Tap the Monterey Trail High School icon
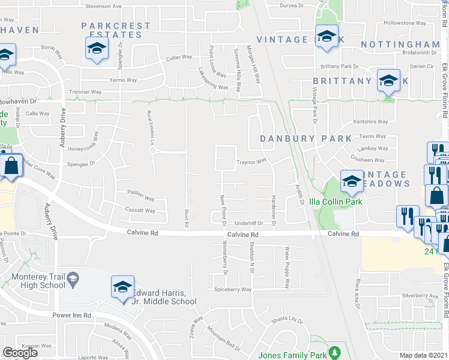click(73, 279)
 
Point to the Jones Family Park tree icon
click(337, 352)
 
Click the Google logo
click(20, 353)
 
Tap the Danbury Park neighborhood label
click(306, 139)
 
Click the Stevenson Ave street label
click(104, 6)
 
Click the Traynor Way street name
click(251, 161)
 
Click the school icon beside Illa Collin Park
click(352, 181)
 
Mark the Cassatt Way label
click(140, 211)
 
